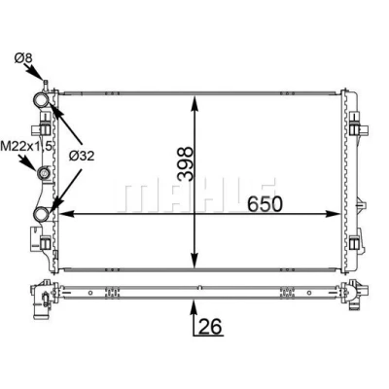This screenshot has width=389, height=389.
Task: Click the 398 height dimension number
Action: point(186,163)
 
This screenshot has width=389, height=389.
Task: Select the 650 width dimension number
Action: point(265,204)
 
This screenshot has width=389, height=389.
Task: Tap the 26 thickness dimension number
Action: point(210,326)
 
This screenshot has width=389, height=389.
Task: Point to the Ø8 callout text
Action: point(23,58)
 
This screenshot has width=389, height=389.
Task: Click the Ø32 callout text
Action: point(82,157)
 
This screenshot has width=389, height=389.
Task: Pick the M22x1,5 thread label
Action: point(26,146)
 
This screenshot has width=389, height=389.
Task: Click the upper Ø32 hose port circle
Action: point(42,100)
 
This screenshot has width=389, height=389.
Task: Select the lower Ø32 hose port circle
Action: point(42,214)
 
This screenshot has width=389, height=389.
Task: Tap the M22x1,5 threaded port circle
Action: point(43,174)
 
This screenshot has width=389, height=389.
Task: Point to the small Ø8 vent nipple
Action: point(46,85)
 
